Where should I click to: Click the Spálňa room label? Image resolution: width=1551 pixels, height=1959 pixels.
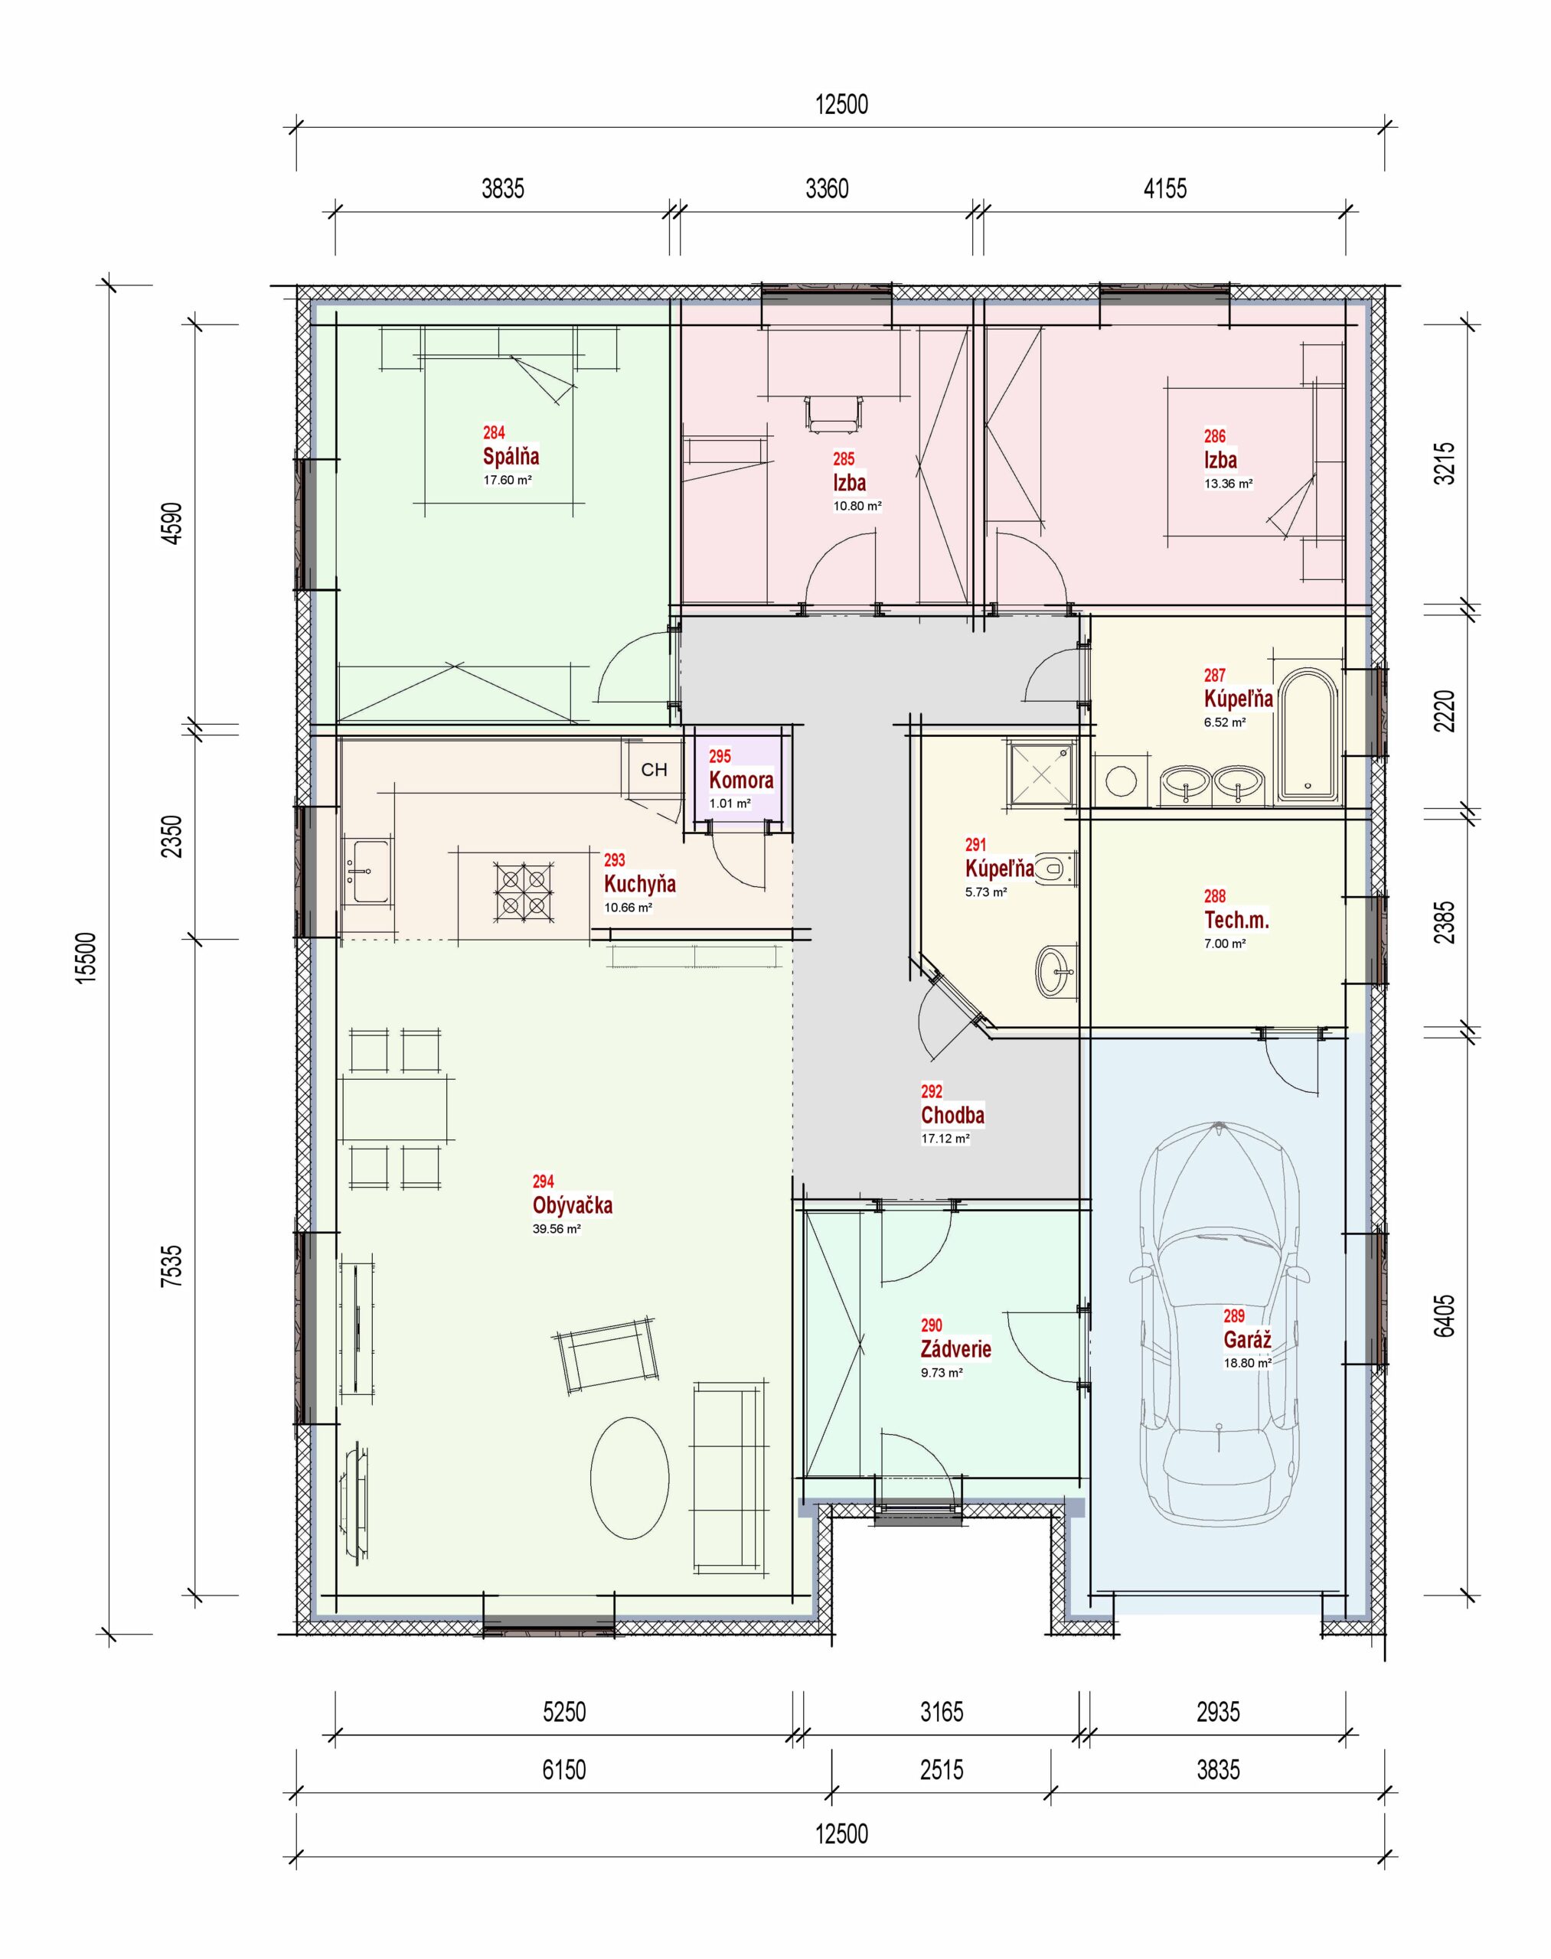511,456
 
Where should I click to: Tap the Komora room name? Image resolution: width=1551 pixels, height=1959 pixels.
741,780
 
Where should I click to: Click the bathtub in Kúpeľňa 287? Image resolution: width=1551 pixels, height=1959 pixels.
1308,736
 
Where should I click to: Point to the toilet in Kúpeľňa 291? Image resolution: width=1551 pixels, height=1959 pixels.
1055,868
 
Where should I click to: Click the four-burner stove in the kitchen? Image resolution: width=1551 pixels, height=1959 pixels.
524,891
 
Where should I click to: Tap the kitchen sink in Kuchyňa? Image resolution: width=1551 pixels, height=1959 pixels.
369,872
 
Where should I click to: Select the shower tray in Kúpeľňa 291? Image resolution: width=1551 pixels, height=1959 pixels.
1040,773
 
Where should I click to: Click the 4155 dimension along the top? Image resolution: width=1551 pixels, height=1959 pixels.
1164,189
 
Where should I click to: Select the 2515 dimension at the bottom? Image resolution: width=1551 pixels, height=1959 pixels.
941,1769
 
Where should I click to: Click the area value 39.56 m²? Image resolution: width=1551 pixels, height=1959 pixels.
556,1229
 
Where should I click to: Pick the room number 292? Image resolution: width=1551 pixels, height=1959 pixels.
932,1091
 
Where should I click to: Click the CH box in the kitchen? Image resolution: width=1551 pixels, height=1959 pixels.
653,769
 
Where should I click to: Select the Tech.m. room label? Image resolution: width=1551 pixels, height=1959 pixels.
1236,920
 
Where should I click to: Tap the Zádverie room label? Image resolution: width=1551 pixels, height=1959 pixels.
955,1349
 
